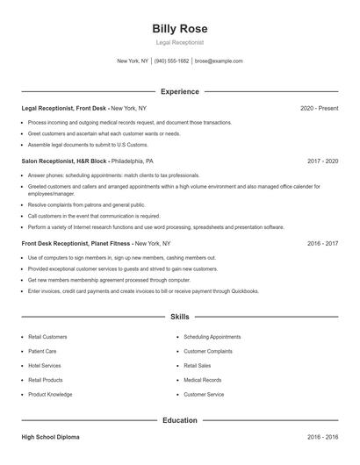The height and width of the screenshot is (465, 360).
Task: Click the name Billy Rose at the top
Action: coord(180,29)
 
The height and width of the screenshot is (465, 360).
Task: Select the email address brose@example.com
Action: coord(219,61)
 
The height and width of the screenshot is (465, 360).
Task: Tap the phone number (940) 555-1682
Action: coord(172,61)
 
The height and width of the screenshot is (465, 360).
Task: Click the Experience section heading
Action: coord(180,91)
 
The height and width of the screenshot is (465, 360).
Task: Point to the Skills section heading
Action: coord(180,316)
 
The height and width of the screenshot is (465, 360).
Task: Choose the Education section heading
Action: coord(180,420)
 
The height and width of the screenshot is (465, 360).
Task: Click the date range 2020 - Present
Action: coord(319,108)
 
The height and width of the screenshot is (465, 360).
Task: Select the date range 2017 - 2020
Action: coord(322,161)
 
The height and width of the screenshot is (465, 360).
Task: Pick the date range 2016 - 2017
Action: coord(322,243)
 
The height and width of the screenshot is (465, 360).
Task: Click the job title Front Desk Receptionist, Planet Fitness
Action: coord(77,243)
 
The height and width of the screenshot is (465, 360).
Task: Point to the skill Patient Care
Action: coord(42,350)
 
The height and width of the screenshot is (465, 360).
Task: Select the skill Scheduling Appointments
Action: coord(212,336)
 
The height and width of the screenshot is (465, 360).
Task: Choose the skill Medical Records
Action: coord(202,380)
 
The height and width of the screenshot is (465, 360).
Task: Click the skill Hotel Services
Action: coord(45,365)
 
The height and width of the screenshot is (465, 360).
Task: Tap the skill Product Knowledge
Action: coord(49,395)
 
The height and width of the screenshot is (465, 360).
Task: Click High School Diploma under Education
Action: coord(51,436)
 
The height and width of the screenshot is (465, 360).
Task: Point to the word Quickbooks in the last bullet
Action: coord(241,290)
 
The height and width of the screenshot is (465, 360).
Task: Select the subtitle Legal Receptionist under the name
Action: coord(180,42)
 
